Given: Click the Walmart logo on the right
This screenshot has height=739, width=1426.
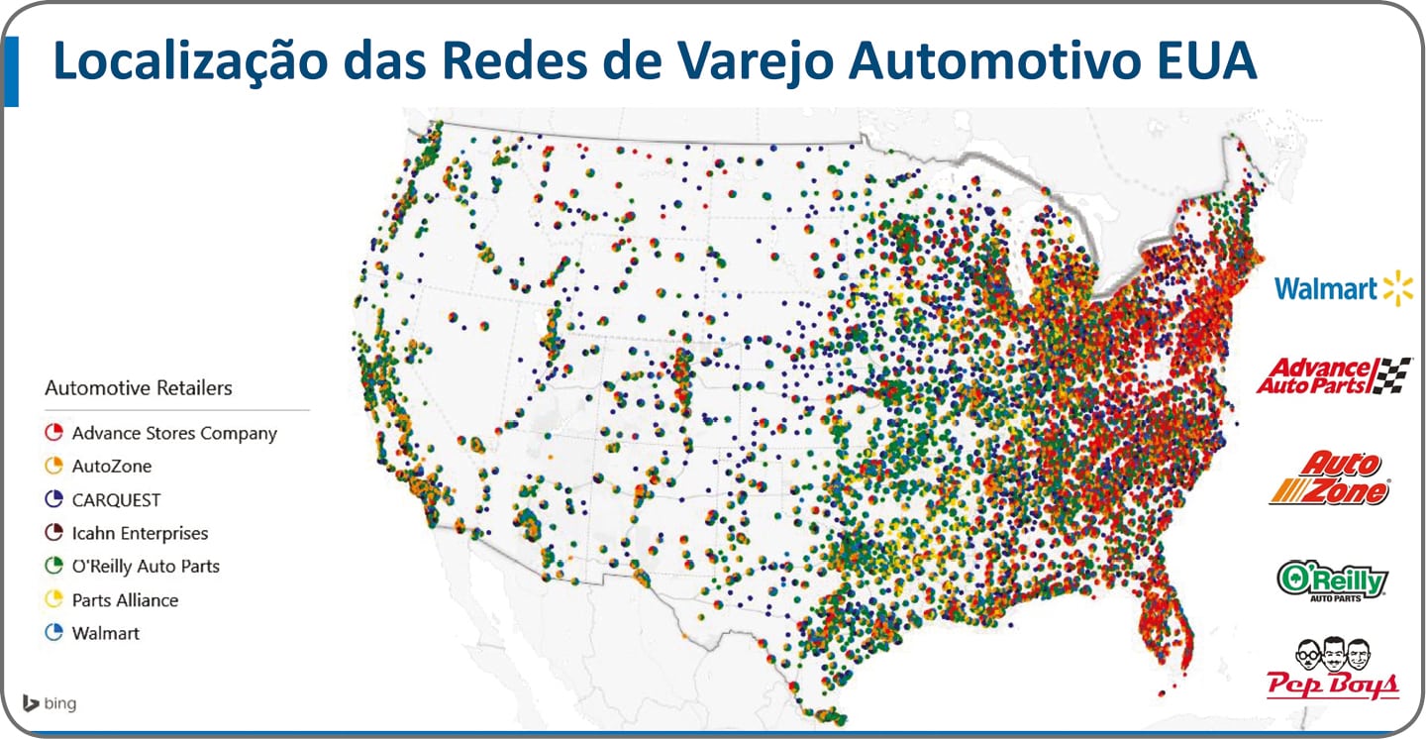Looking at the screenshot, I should coord(1343,288).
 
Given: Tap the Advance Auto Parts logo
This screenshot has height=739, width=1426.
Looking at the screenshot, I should coord(1333,376).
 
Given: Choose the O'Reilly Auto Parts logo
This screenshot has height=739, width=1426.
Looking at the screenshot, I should coord(1333,580).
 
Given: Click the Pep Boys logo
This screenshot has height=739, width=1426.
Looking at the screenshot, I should coord(1333,669).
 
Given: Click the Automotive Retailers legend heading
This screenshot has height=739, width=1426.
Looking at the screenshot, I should coord(139,388).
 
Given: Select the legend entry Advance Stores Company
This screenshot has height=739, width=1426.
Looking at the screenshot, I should coord(174,433).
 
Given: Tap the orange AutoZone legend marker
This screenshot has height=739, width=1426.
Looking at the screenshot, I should coord(54,466).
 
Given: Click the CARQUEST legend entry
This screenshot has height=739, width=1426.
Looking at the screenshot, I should coord(116,500).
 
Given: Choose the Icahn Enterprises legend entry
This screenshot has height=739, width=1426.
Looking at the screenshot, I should coord(140,533).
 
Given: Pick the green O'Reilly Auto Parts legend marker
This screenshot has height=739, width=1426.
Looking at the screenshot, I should coord(54,567).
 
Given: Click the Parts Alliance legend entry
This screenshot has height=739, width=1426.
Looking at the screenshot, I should coord(125,600).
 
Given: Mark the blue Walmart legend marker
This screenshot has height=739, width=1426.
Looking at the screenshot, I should coord(54,633).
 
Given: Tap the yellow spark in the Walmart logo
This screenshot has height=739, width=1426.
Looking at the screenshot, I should coord(1398,288).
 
